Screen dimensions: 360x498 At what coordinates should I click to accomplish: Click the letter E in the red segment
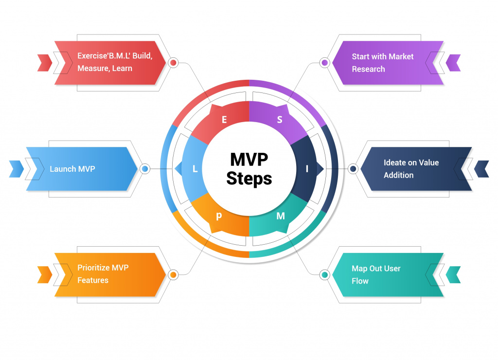224,120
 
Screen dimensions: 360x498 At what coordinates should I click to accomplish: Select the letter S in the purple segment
280,120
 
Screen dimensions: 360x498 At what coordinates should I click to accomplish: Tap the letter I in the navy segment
307,169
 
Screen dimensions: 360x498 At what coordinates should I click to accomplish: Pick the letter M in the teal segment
281,216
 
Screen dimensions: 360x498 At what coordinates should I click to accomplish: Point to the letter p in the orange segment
219,216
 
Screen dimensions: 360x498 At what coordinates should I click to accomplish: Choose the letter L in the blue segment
195,169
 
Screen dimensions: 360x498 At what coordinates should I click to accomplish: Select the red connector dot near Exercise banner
173,63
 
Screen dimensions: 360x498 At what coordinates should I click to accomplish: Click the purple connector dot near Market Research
325,63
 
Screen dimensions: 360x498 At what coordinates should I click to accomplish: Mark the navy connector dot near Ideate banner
353,169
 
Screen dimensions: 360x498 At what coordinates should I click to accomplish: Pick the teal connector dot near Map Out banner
325,275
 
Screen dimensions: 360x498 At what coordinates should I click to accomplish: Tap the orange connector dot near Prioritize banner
173,275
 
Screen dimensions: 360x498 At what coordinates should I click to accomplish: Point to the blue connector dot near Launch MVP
144,169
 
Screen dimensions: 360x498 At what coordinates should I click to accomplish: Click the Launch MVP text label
72,169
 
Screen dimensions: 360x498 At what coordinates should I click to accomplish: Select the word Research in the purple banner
368,69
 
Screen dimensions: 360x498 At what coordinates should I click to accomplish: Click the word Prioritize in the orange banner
94,268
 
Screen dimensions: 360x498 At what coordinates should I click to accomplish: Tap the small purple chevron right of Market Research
453,63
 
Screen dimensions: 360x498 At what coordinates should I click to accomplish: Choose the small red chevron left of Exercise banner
45,63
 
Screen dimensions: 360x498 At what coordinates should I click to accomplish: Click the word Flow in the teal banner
360,281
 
